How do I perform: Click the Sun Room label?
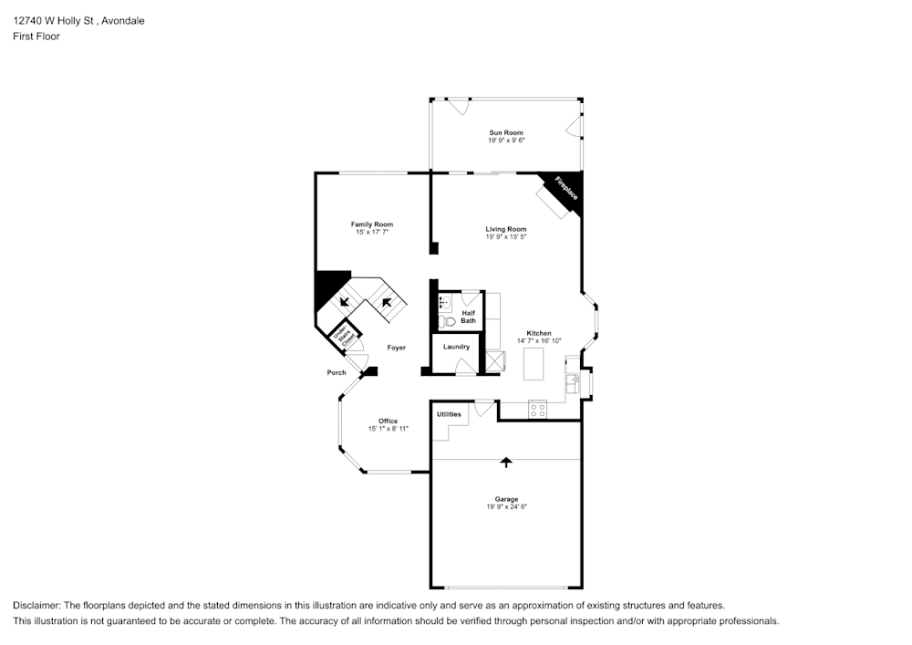point(506,133)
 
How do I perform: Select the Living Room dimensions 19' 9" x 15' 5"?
point(506,237)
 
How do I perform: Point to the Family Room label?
point(372,224)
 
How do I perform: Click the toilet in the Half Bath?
point(447,321)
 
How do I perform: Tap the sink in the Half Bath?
point(446,303)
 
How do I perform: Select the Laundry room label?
point(456,347)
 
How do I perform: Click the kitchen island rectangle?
point(534,363)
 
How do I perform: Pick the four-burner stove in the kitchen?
point(537,410)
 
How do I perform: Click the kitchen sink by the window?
point(572,383)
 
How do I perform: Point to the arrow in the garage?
point(506,463)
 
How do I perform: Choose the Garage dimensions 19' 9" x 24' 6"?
point(506,506)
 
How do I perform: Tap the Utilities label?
point(449,414)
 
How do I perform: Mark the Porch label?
point(337,372)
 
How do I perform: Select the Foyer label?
point(396,348)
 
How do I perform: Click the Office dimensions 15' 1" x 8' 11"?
point(389,429)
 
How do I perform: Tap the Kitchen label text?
point(538,333)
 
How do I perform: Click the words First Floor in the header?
point(36,36)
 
